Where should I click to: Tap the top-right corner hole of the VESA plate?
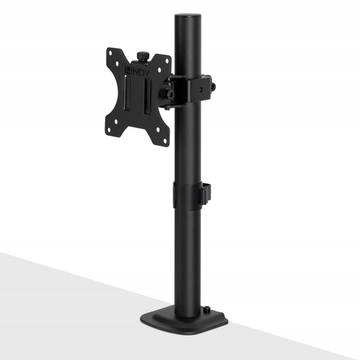(165, 66)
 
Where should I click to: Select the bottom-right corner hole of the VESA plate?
(163, 138)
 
